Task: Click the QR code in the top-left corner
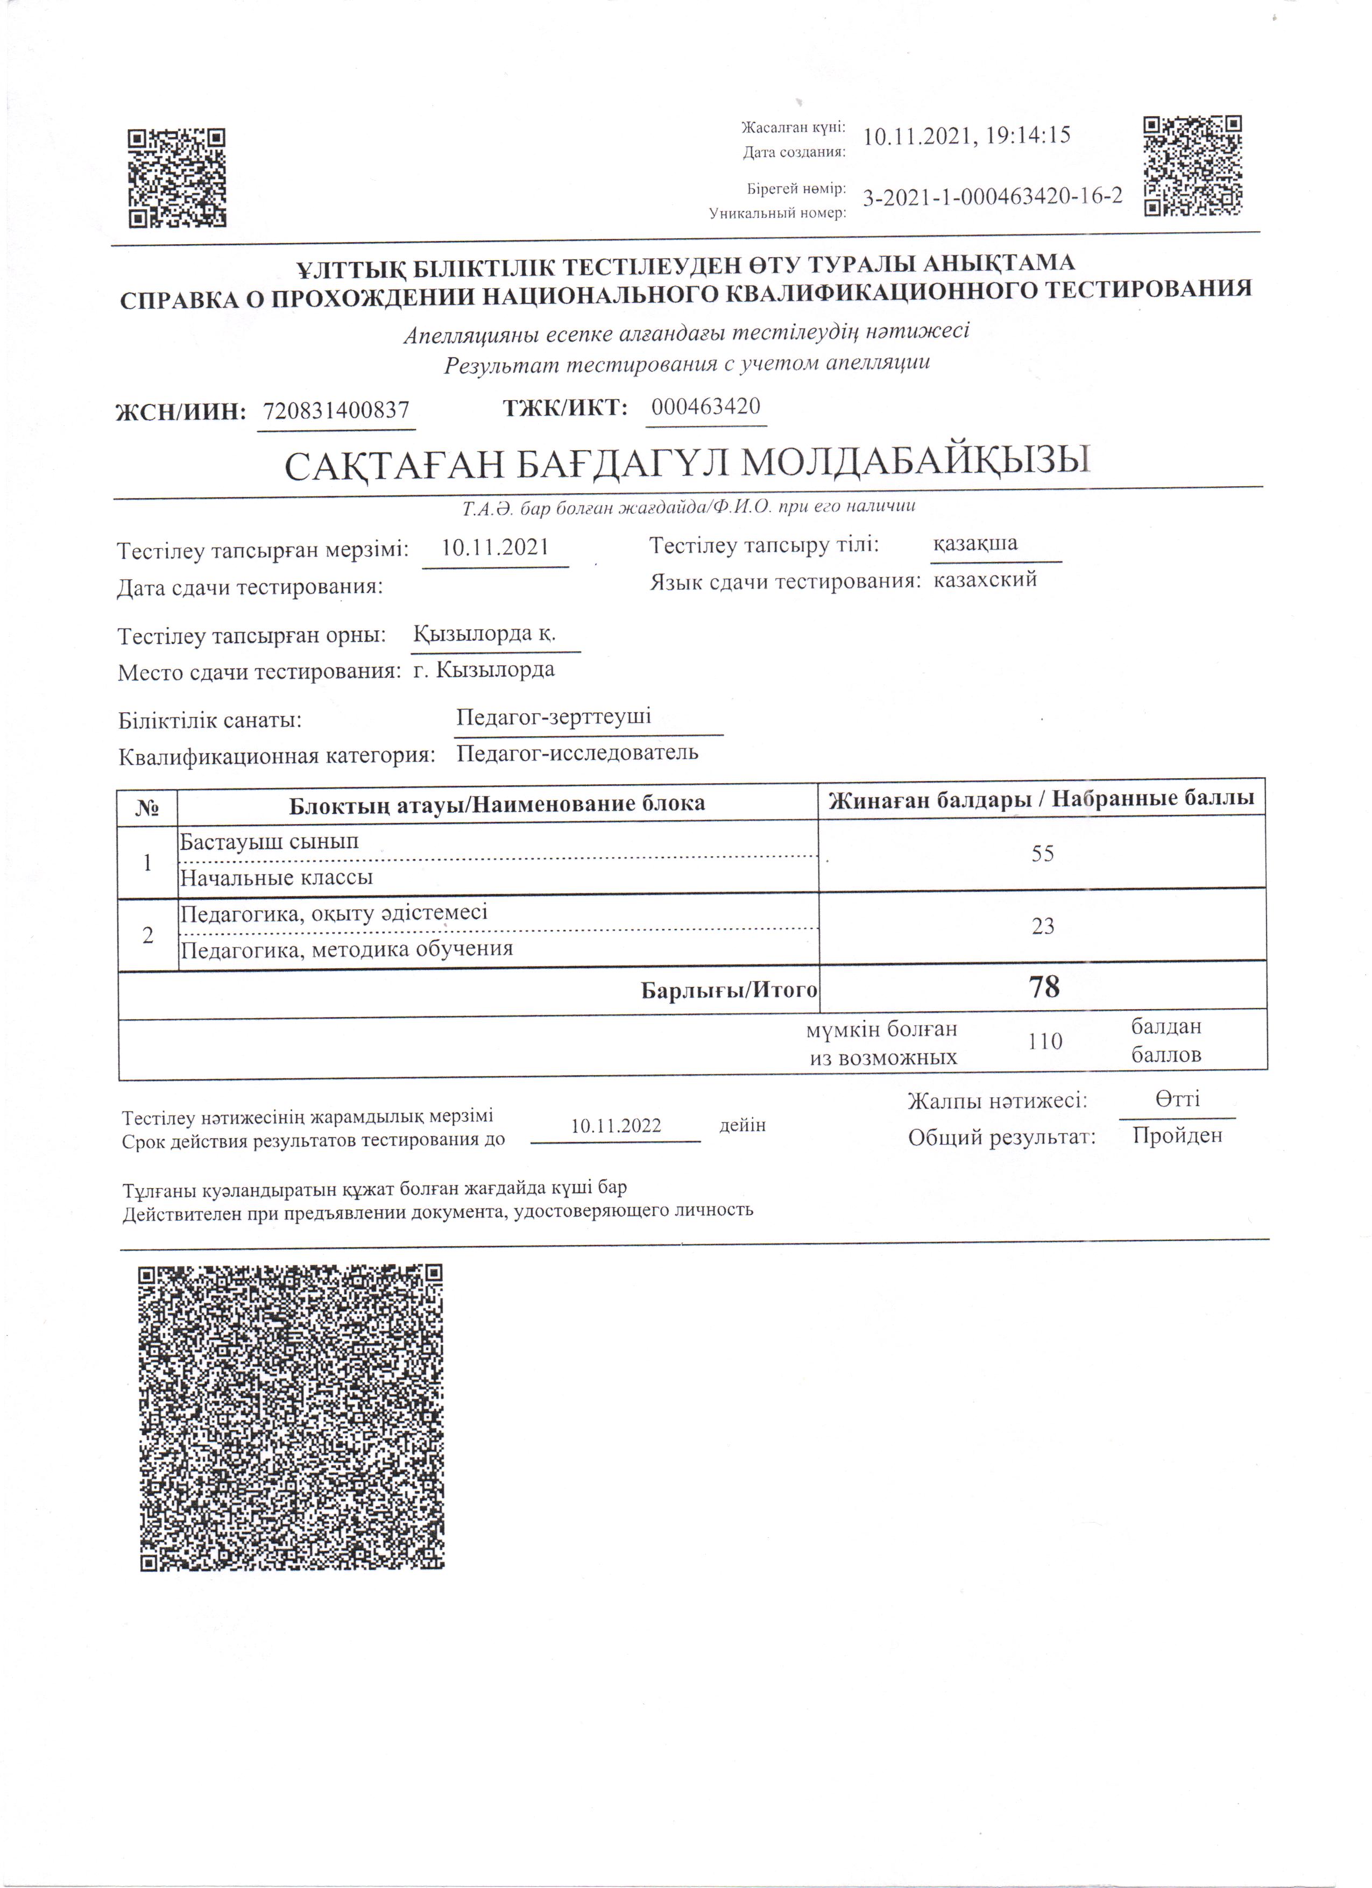tap(176, 178)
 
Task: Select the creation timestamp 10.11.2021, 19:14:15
tap(966, 136)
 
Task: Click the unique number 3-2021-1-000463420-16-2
tap(992, 196)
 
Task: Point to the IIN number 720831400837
tap(336, 410)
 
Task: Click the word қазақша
tap(975, 544)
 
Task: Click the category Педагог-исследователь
tap(577, 754)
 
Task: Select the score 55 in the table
tap(1042, 853)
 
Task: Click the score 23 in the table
tap(1042, 926)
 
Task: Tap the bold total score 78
tap(1044, 987)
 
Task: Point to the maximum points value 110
tap(1045, 1041)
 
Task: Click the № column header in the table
tap(147, 806)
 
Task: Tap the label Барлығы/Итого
tap(729, 990)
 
